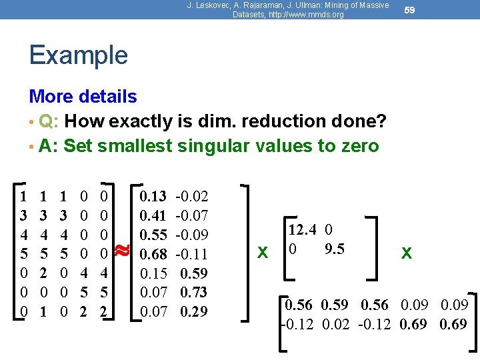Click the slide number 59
pyautogui.click(x=410, y=10)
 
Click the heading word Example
pyautogui.click(x=78, y=55)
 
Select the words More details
pyautogui.click(x=83, y=97)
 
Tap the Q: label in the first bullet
pyautogui.click(x=47, y=121)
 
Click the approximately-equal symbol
pyautogui.click(x=122, y=251)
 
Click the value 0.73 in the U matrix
pyautogui.click(x=194, y=292)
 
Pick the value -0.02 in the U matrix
pyautogui.click(x=192, y=196)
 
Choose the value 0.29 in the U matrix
pyautogui.click(x=194, y=311)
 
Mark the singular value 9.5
pyautogui.click(x=335, y=249)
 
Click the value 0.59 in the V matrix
pyautogui.click(x=335, y=305)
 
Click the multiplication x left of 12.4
pyautogui.click(x=263, y=253)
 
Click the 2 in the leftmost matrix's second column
pyautogui.click(x=43, y=273)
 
